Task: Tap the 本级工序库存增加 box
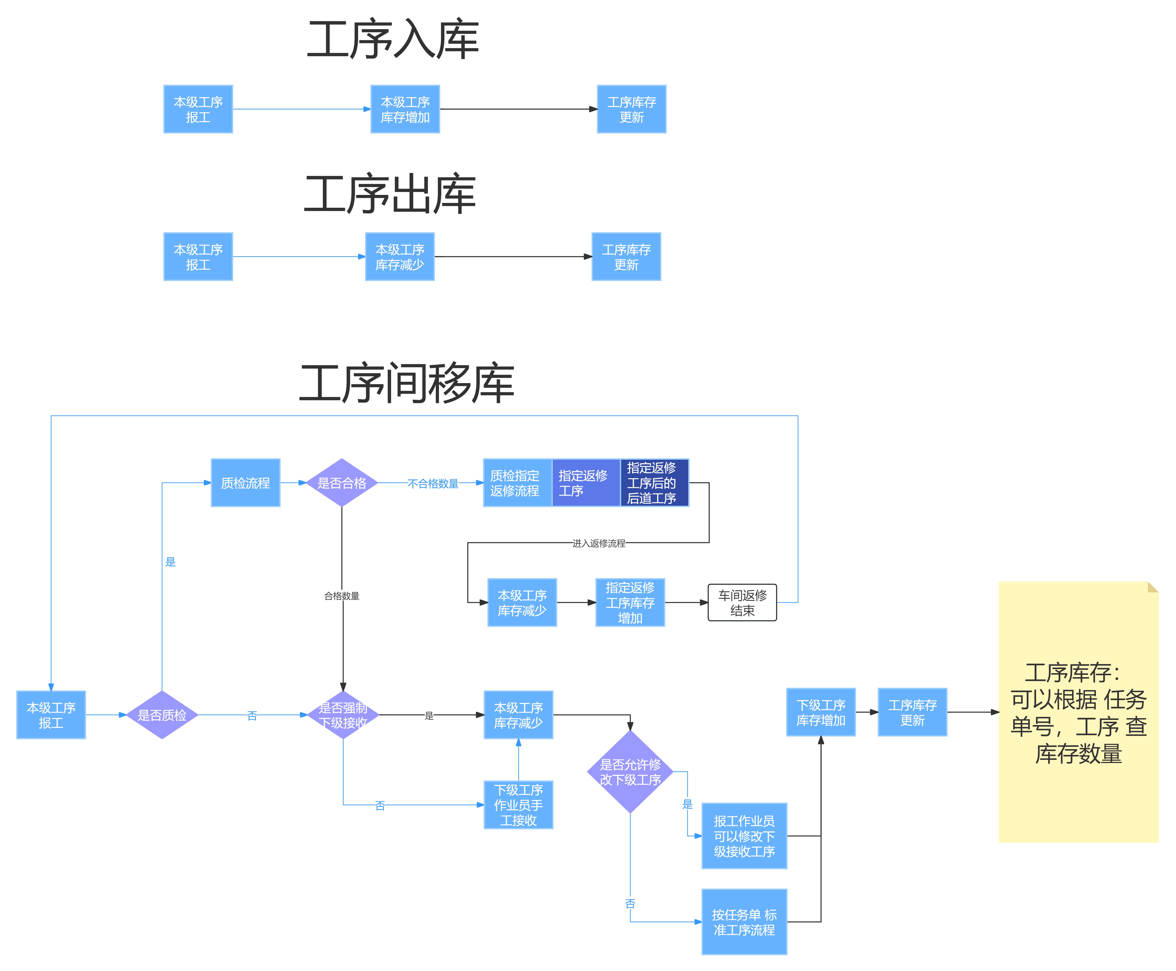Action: coord(405,109)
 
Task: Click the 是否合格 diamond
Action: coord(342,483)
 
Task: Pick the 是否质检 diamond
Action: coord(162,715)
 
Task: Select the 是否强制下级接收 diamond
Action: coord(343,715)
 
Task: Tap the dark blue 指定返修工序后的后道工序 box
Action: coord(654,483)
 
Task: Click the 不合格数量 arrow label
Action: coord(433,483)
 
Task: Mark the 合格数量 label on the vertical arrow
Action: coord(342,596)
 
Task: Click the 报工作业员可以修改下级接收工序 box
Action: coord(744,836)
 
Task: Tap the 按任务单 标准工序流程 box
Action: coord(744,922)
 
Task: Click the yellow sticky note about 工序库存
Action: coord(1078,712)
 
